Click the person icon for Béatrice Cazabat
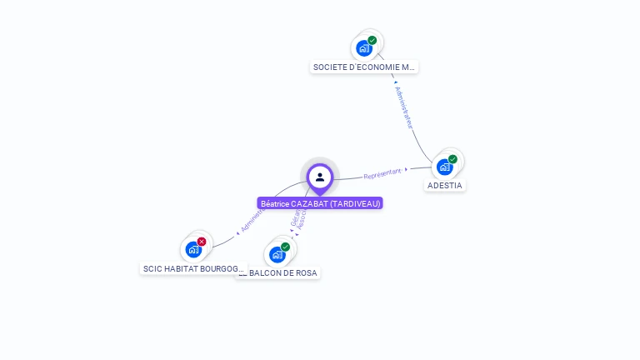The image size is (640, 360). (x=320, y=177)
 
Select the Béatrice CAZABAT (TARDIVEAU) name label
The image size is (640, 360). (x=320, y=203)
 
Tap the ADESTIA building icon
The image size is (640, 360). (x=445, y=167)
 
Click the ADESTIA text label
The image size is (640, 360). (x=445, y=185)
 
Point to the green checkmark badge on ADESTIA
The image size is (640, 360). (x=452, y=159)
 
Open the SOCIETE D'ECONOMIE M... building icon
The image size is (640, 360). (x=364, y=47)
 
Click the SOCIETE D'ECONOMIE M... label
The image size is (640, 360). (x=364, y=67)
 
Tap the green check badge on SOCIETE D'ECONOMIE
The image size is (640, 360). (x=372, y=40)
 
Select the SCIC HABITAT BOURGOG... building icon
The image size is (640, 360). (x=193, y=249)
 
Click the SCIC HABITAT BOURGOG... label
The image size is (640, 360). (x=193, y=269)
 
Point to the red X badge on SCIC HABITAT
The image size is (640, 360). (x=202, y=242)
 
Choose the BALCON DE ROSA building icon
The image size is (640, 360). (x=277, y=254)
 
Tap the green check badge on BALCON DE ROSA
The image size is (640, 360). (x=285, y=247)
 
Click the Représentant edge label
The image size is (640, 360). (x=382, y=174)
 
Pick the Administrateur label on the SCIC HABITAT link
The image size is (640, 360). (x=252, y=220)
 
